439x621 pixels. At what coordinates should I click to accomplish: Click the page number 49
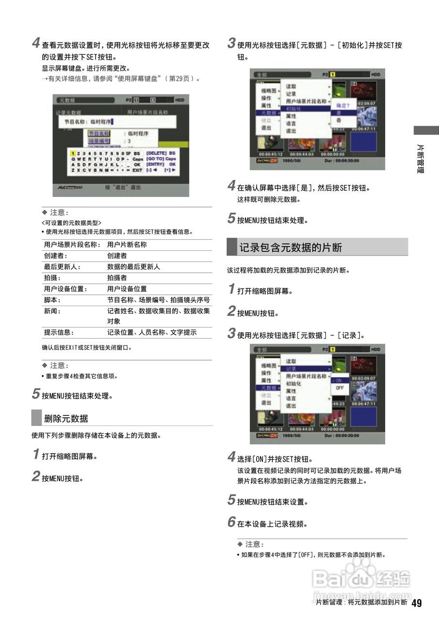click(417, 603)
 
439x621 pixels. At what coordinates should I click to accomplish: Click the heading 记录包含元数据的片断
click(291, 247)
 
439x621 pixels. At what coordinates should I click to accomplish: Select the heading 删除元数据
click(66, 418)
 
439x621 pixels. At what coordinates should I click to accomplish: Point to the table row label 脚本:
click(53, 300)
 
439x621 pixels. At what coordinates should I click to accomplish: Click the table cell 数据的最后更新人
click(133, 267)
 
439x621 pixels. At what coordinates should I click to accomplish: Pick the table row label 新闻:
click(53, 311)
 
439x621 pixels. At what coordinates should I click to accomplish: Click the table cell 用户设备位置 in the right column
click(127, 289)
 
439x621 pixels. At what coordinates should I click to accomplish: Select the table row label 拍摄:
click(53, 278)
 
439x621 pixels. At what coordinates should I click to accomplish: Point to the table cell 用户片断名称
click(127, 245)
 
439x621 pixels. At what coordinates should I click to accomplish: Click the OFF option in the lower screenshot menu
click(340, 388)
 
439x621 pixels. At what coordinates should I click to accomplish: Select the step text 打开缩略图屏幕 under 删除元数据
click(70, 457)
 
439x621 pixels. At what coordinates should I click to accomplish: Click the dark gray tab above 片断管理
click(426, 130)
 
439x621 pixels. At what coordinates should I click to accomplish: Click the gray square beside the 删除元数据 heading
click(36, 418)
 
